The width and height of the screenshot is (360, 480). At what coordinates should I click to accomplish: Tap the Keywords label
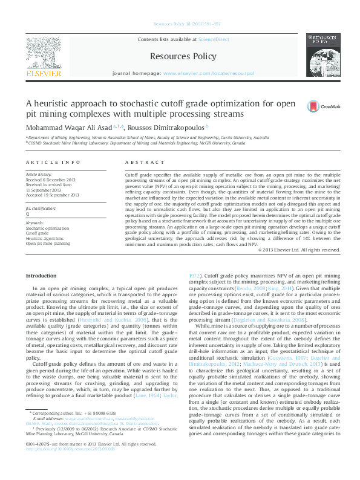click(34, 223)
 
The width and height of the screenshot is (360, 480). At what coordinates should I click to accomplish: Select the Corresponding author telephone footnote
click(76, 446)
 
